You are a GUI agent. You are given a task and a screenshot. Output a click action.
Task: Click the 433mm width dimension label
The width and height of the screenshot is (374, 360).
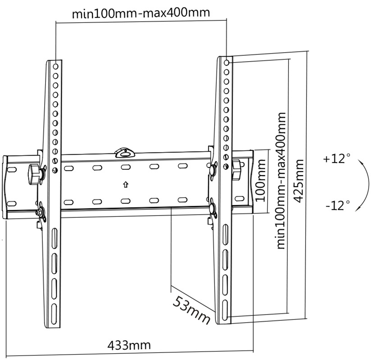pyautogui.click(x=129, y=345)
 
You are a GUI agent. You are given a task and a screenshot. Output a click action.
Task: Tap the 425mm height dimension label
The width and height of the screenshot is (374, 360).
pyautogui.click(x=299, y=181)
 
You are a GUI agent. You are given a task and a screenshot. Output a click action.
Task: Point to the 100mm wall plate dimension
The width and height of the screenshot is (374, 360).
pyautogui.click(x=260, y=180)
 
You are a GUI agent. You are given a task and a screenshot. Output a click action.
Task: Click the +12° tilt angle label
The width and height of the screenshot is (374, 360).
pyautogui.click(x=337, y=158)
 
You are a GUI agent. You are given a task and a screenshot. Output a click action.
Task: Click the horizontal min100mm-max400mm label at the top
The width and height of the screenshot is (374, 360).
pyautogui.click(x=141, y=13)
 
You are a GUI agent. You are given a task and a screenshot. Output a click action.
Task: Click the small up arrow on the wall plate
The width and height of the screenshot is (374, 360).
pyautogui.click(x=126, y=184)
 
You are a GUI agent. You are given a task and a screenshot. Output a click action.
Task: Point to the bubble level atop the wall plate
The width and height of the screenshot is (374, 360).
pyautogui.click(x=125, y=153)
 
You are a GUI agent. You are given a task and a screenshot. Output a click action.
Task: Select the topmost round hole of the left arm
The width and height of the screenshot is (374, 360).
pyautogui.click(x=55, y=67)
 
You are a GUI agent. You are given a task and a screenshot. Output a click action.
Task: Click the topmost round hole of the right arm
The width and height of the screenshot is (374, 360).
pyautogui.click(x=227, y=63)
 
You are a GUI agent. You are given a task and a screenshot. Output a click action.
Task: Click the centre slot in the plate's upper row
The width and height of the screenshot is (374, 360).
pyautogui.click(x=125, y=167)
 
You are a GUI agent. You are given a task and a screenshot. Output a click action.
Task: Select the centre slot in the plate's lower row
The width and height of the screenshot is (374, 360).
pyautogui.click(x=125, y=201)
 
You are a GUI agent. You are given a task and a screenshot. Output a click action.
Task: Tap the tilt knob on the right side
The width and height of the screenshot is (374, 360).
pyautogui.click(x=236, y=170)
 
